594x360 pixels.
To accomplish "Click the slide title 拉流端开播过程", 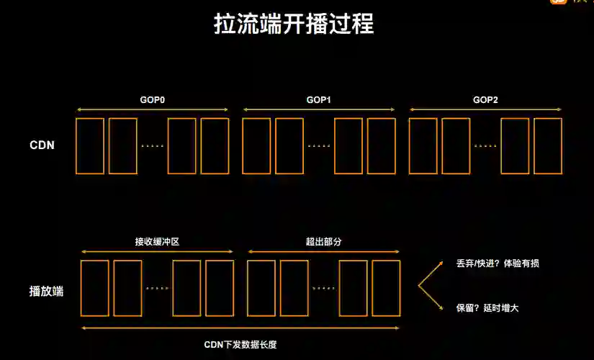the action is [294, 24].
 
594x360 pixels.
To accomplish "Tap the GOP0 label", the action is [153, 99].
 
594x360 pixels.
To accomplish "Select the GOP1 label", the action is [318, 99].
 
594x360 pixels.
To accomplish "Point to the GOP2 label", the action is [485, 99].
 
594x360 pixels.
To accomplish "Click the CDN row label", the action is [42, 145].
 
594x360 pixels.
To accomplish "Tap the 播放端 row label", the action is [46, 292].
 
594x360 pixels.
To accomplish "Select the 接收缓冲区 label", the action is [156, 241].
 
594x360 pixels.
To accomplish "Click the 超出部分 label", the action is [323, 241].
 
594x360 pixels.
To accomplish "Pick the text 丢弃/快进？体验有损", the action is [498, 264].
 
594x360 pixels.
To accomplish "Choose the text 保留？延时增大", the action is [487, 307].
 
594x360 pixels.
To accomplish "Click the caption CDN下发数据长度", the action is [240, 344].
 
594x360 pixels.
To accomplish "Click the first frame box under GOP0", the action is [90, 146].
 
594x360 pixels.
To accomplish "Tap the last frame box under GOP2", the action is [547, 146].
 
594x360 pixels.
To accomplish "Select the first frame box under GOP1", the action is [257, 146].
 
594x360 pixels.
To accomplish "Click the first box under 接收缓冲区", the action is [95, 288].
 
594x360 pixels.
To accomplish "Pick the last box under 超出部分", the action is [386, 288].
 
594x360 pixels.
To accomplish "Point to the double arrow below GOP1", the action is [319, 110].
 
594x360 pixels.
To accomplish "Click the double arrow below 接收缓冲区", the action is [157, 251].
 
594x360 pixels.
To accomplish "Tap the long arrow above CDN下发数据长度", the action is [240, 328].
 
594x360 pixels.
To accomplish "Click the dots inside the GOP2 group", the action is [485, 146].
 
